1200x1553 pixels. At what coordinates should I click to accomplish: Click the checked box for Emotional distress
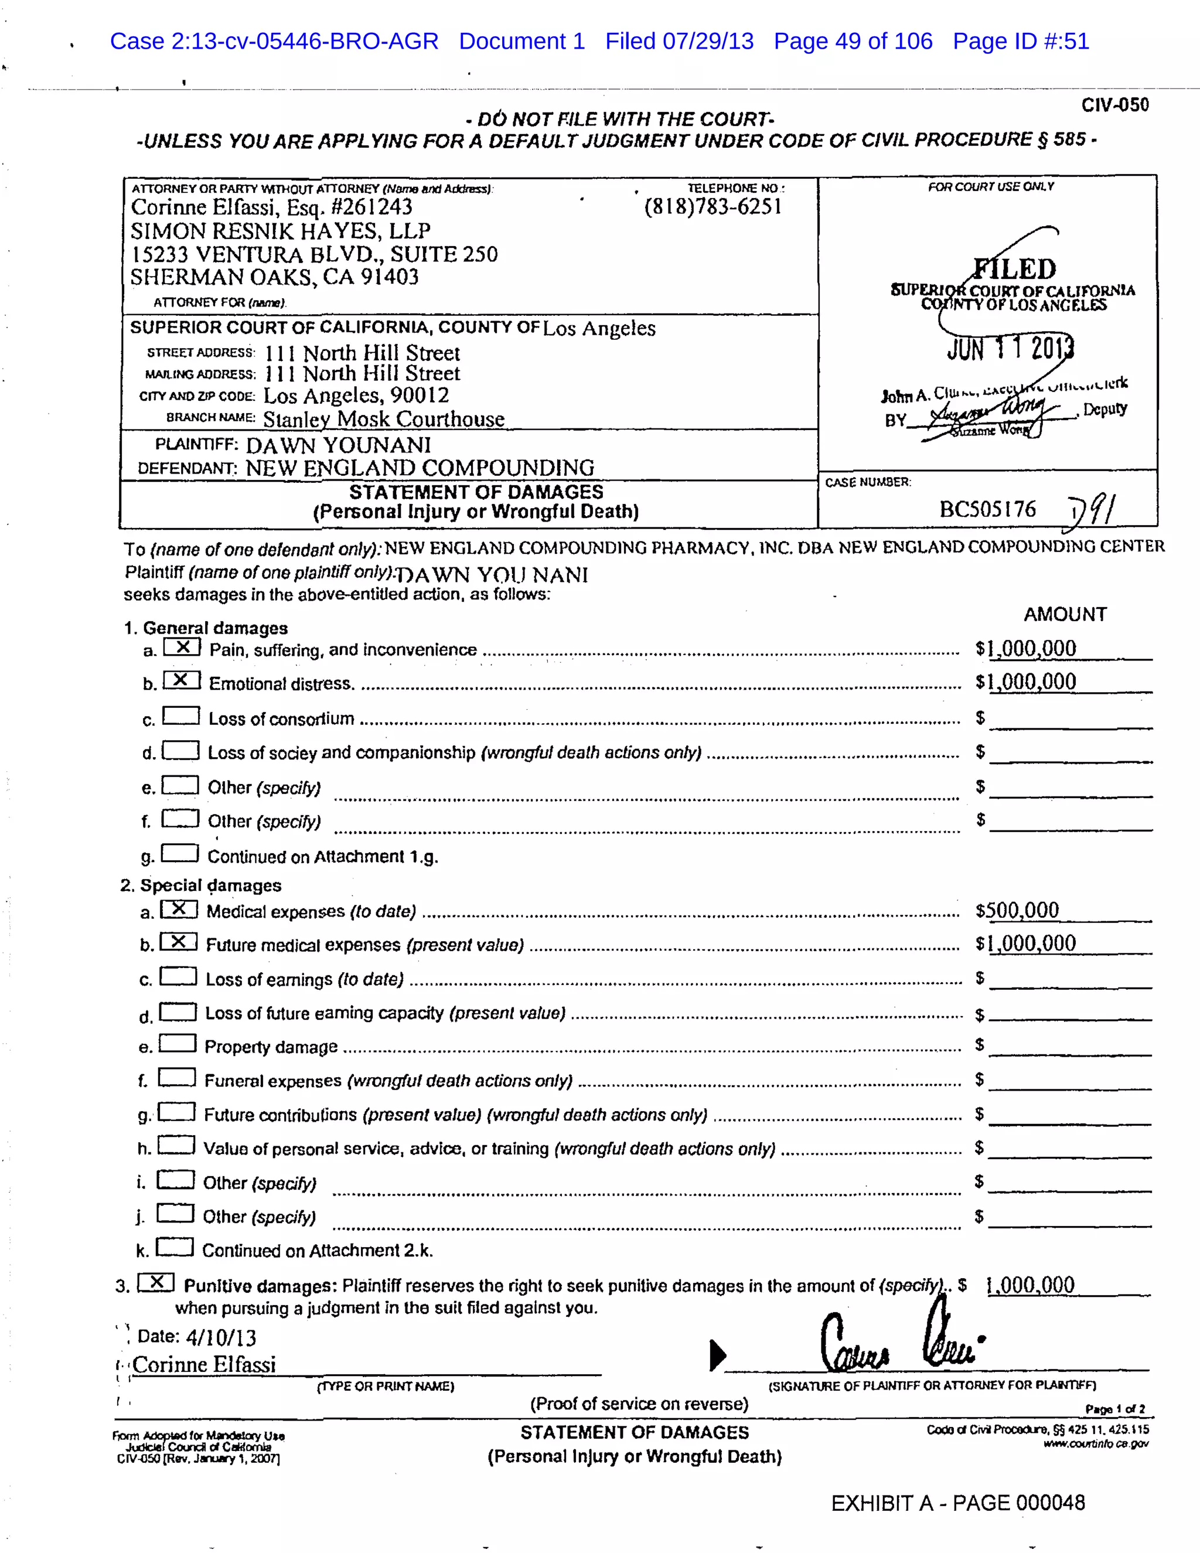(181, 680)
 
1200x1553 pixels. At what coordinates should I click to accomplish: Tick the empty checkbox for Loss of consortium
(180, 716)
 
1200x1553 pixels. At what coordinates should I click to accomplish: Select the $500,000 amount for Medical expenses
(1017, 910)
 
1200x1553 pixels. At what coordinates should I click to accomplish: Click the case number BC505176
(987, 509)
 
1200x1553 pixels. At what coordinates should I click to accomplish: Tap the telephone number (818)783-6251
(712, 207)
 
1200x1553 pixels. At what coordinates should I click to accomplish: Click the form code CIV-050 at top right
(1114, 105)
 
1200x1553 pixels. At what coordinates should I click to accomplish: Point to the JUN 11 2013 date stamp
(1010, 349)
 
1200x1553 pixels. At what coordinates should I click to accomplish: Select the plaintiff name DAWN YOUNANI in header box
(339, 445)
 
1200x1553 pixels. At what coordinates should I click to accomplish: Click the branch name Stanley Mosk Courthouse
(384, 419)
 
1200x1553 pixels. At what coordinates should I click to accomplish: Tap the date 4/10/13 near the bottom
(220, 1337)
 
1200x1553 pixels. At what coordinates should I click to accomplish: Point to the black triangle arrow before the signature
(717, 1354)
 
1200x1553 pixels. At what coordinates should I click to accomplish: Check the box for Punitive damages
(156, 1282)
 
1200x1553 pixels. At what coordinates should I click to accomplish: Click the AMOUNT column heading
(1065, 614)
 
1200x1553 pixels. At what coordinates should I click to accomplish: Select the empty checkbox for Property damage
(177, 1043)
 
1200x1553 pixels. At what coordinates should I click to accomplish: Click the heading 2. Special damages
(200, 886)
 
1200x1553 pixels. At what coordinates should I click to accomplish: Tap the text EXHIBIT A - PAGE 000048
(957, 1503)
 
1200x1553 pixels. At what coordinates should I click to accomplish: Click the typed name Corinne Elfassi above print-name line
(204, 1364)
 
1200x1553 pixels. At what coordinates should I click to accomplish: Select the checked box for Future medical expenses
(179, 942)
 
